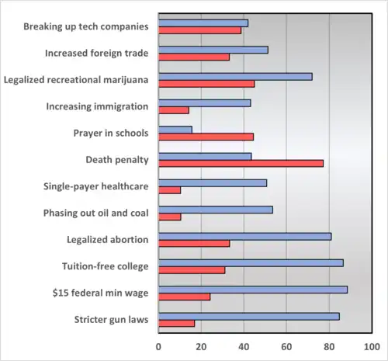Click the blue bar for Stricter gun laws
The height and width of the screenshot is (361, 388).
(x=248, y=316)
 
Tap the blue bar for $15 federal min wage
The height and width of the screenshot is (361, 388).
(x=253, y=290)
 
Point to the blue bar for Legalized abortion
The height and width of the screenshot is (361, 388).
(x=244, y=236)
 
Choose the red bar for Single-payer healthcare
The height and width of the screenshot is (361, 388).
(x=169, y=190)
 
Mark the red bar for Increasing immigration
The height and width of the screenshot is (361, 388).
(x=174, y=110)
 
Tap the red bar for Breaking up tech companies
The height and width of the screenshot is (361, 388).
(x=199, y=30)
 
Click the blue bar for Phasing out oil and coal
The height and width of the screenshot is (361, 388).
(x=215, y=210)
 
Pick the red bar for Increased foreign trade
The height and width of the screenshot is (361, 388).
(x=194, y=57)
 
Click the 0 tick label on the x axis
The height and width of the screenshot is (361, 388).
(x=159, y=345)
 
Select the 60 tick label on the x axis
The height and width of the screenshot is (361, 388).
(x=286, y=345)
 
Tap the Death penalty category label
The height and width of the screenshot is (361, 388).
(x=116, y=160)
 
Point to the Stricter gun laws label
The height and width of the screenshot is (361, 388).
(x=111, y=319)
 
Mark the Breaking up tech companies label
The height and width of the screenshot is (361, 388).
(x=85, y=26)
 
